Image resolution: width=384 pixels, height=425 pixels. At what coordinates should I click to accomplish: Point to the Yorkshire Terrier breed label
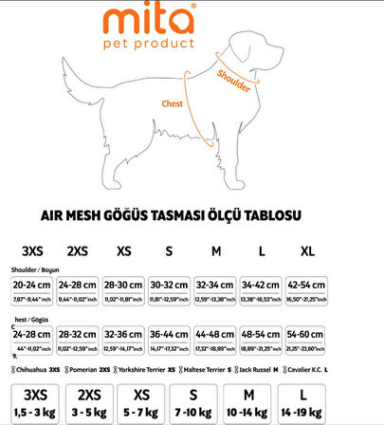143,368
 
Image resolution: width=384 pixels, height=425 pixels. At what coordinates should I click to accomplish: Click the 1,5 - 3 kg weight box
35,402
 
